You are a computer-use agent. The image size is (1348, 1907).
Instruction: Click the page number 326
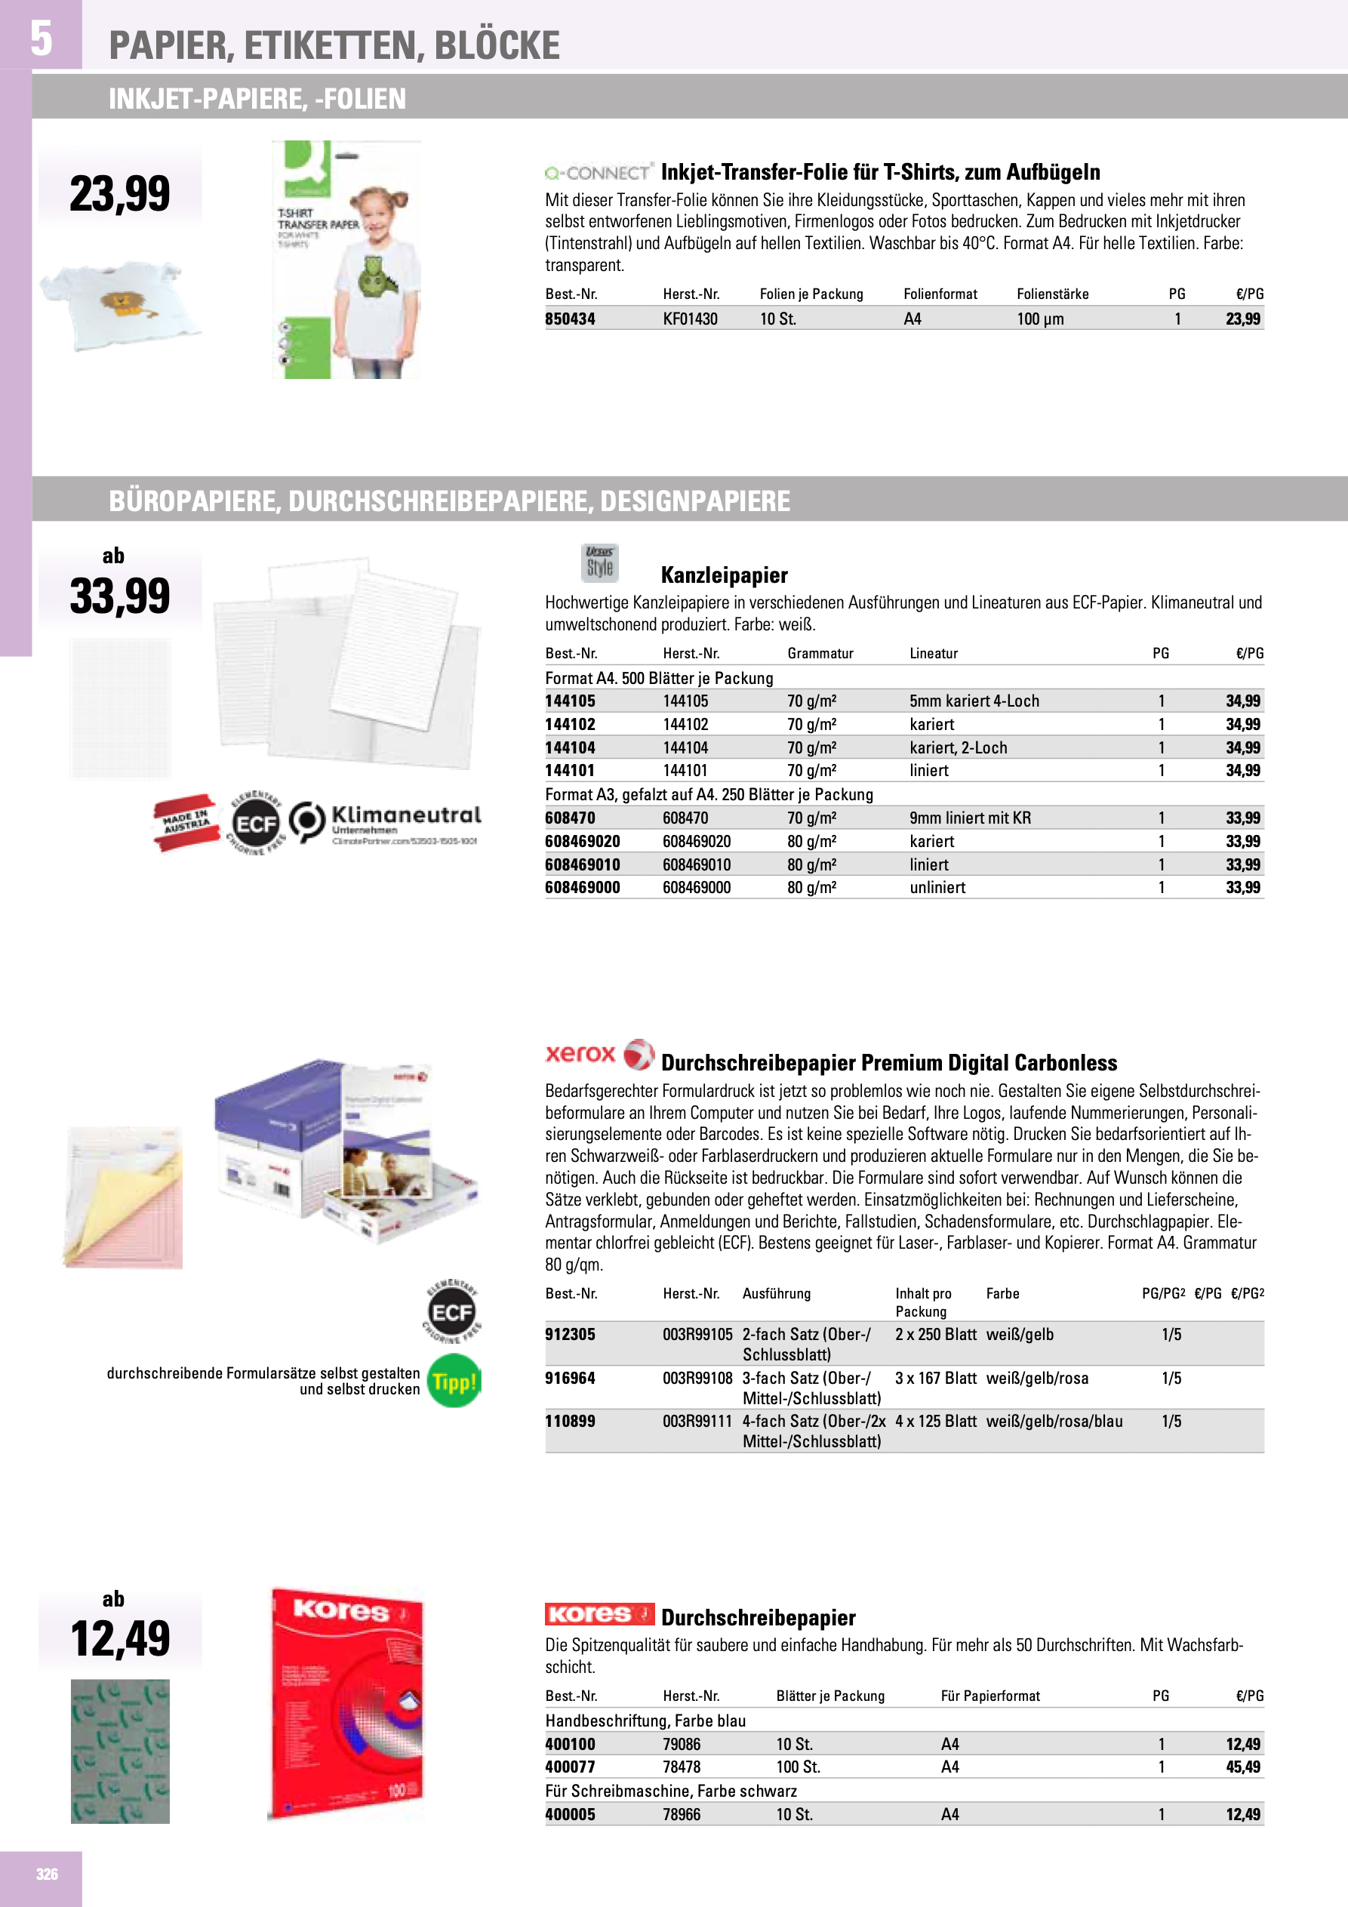point(47,1874)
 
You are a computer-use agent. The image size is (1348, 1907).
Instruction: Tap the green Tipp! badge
point(454,1382)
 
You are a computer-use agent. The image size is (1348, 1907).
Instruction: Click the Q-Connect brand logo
point(598,173)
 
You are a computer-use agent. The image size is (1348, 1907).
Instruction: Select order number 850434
point(570,319)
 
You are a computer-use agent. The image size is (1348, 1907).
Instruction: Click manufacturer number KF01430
point(689,319)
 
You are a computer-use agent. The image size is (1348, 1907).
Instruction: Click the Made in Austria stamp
point(185,823)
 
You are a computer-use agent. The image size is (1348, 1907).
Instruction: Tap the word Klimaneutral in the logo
point(406,815)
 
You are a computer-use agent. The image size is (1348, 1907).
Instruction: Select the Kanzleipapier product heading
point(723,575)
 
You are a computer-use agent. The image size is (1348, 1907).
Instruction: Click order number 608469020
point(582,841)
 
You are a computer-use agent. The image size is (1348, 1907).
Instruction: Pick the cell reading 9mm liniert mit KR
point(969,818)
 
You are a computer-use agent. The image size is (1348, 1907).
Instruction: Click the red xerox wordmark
point(580,1054)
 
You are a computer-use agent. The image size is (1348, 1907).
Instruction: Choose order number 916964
point(570,1378)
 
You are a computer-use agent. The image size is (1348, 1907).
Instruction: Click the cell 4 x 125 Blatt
point(935,1421)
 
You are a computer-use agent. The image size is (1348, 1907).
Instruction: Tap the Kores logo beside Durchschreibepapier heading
point(599,1614)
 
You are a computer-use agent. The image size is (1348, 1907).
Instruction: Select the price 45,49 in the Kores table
point(1242,1767)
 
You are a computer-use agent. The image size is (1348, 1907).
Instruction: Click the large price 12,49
point(121,1640)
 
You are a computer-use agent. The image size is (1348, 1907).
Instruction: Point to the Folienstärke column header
point(1052,294)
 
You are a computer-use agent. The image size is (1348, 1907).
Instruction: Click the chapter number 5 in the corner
point(41,39)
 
